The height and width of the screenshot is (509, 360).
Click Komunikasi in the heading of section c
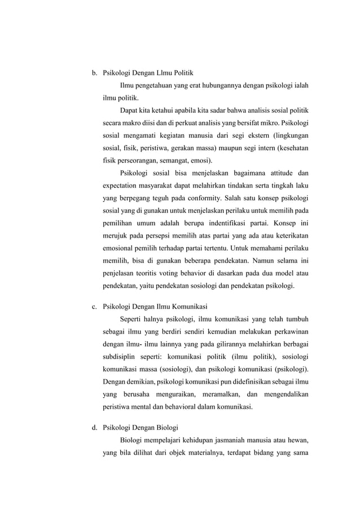[x=188, y=307]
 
